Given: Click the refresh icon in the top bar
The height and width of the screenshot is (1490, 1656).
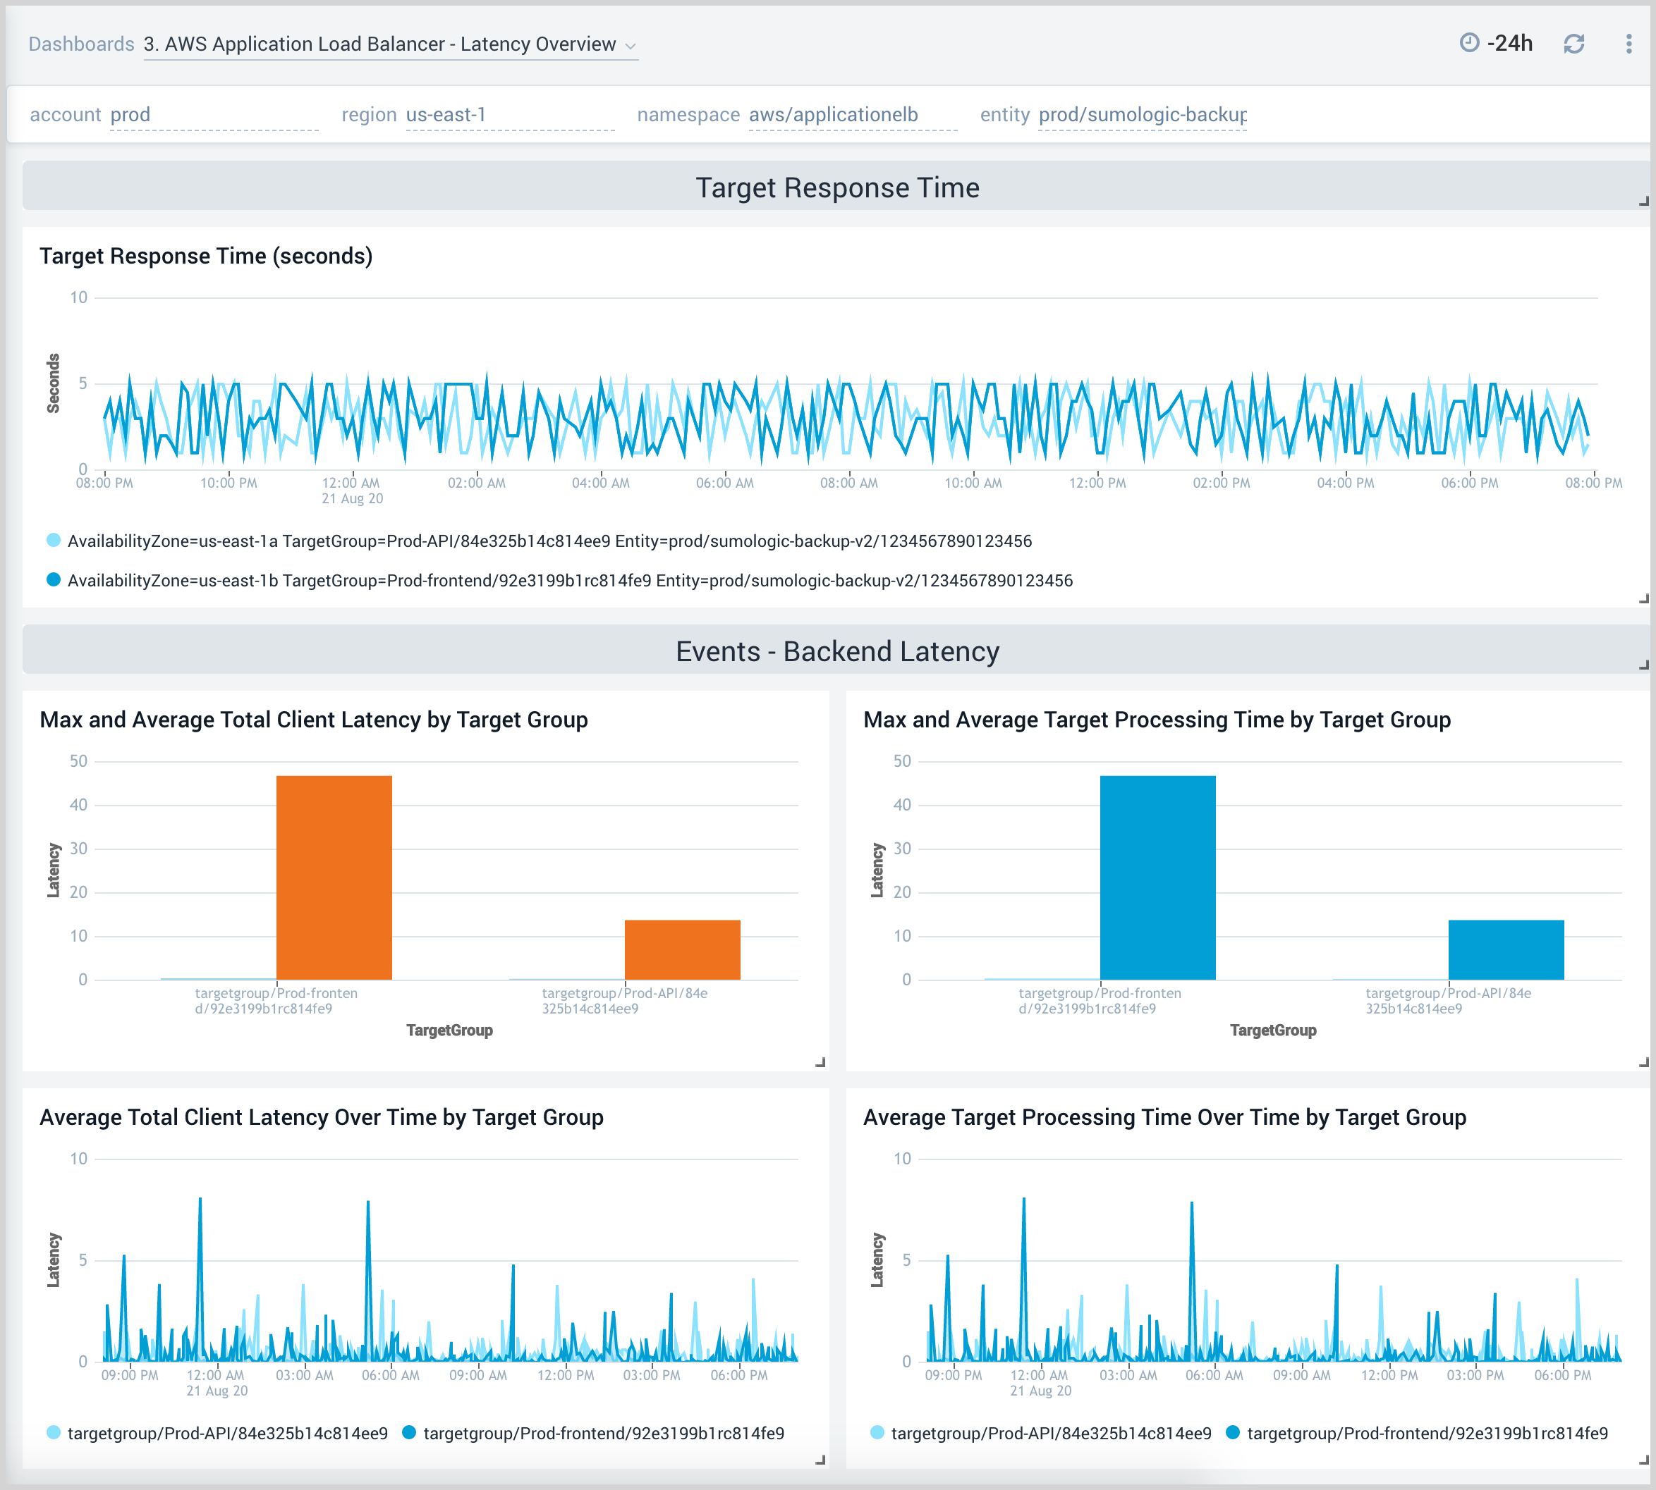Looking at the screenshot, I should tap(1573, 44).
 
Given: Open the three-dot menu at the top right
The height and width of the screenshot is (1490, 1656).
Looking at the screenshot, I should tap(1628, 44).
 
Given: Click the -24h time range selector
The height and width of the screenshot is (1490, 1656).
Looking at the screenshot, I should tap(1497, 44).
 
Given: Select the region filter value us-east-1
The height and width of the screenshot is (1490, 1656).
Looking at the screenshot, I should tap(446, 115).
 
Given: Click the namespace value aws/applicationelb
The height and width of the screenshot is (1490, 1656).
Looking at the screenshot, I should tap(833, 115).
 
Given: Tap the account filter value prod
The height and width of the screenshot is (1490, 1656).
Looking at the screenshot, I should tap(130, 115).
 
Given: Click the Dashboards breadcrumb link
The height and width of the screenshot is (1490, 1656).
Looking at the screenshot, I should tap(81, 44).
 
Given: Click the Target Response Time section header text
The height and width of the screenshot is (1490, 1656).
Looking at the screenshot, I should tap(837, 187).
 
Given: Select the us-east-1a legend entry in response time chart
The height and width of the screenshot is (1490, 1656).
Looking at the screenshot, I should tap(549, 541).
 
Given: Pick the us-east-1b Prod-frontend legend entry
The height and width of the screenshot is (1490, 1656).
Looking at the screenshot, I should tap(569, 581).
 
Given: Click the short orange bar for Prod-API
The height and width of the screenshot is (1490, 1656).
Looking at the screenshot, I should tap(682, 949).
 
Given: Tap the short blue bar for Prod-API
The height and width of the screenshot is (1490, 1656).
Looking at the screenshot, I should tap(1505, 949).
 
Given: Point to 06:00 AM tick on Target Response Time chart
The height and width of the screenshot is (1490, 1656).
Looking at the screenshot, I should tap(725, 483).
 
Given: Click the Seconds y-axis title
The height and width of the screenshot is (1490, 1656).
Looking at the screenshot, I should tap(53, 383).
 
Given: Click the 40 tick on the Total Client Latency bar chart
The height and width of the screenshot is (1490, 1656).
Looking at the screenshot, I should tap(78, 805).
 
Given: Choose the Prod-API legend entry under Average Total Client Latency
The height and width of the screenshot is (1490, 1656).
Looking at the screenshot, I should tap(227, 1434).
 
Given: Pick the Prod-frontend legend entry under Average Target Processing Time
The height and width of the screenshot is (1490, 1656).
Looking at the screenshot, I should tap(1426, 1434).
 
